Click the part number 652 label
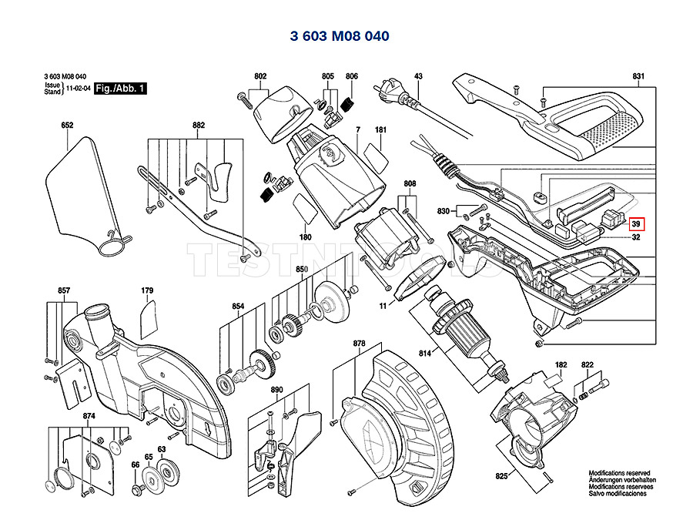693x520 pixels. (67, 125)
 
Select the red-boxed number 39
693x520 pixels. (636, 225)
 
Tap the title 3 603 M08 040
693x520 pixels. (340, 36)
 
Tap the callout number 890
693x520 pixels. (277, 390)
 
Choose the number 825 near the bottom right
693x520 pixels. (502, 478)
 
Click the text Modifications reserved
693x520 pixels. (619, 473)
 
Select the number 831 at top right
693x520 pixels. (638, 75)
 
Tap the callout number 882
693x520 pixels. (199, 125)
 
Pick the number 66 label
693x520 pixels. (135, 465)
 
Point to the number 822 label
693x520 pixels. (588, 364)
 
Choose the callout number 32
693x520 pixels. (636, 238)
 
